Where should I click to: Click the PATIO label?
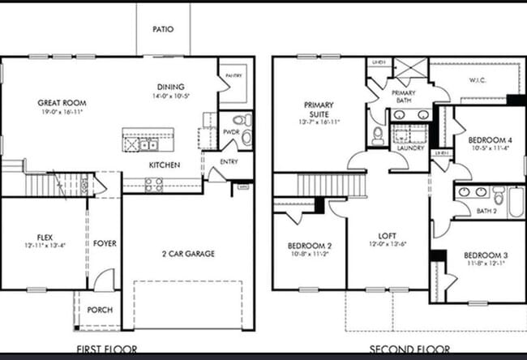(x=163, y=29)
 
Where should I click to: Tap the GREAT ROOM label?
(x=62, y=104)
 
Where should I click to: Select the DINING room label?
(x=171, y=87)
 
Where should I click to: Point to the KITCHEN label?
(x=164, y=165)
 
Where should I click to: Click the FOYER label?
(x=104, y=242)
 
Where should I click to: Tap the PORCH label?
(x=100, y=310)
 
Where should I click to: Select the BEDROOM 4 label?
(x=489, y=138)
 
